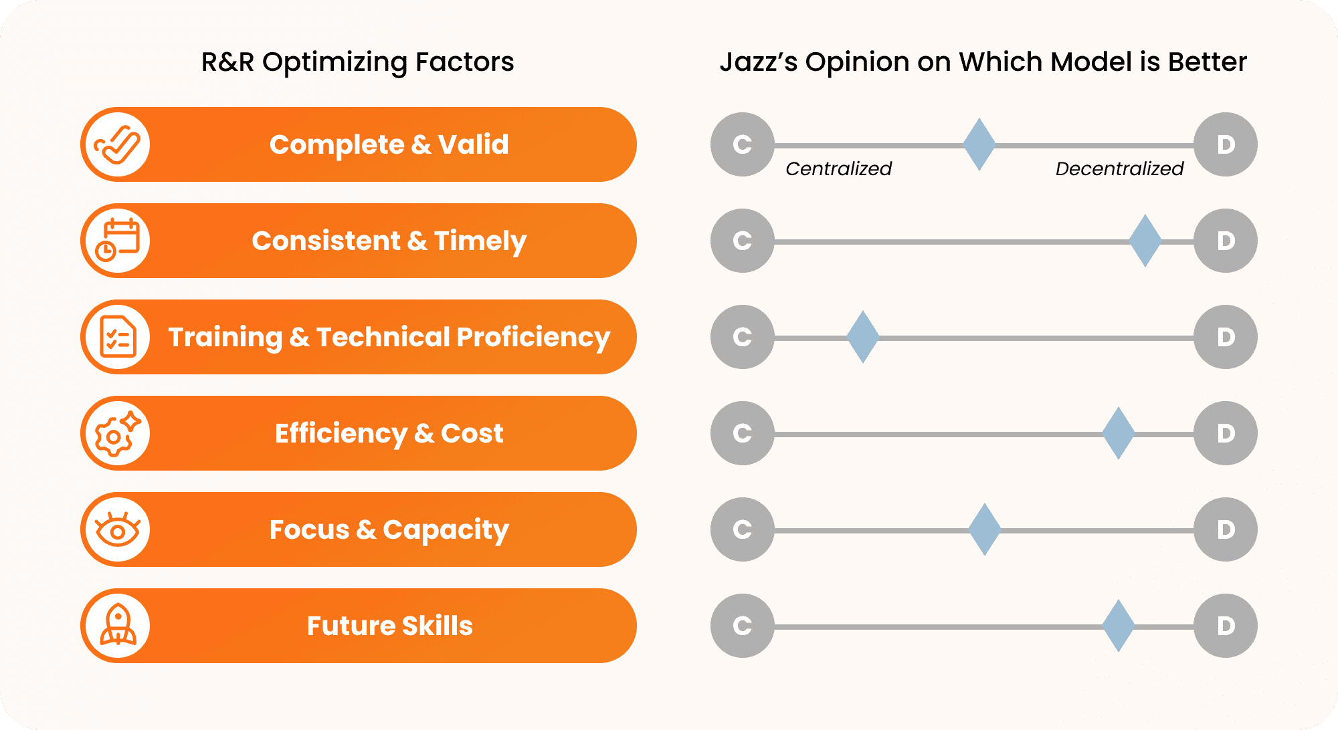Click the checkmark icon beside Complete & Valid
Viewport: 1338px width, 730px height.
(118, 144)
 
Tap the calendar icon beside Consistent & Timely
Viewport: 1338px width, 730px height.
(118, 240)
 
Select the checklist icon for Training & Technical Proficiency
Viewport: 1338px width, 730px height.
(118, 337)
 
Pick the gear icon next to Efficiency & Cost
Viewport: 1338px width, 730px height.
(118, 433)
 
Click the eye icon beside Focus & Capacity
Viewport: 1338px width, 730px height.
(118, 529)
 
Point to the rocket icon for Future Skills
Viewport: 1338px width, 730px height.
(118, 625)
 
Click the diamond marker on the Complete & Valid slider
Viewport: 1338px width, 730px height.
(979, 144)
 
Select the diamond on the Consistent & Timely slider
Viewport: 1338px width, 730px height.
(1145, 241)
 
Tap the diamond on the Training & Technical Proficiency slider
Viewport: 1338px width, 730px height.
(863, 337)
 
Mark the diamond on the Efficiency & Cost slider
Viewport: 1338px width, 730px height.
(1119, 433)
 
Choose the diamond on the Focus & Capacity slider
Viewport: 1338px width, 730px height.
(985, 529)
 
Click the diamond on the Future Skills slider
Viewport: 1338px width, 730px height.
(1119, 626)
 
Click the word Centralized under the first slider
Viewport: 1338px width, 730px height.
(838, 168)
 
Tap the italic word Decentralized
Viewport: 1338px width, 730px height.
(1119, 168)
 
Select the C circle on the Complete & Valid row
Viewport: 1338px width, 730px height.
(743, 144)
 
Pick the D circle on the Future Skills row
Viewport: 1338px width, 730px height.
(1226, 626)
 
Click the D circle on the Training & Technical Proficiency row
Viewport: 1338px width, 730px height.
(1226, 337)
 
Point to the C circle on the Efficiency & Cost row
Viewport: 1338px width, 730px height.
(743, 433)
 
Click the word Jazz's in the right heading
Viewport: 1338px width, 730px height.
(759, 62)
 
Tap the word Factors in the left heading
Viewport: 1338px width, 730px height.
(464, 62)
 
